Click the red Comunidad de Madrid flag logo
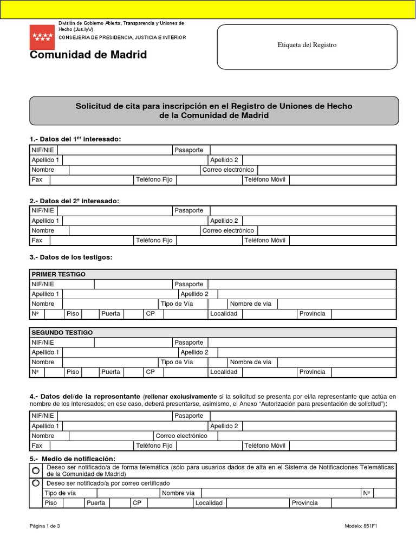point(42,37)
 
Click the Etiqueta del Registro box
point(307,45)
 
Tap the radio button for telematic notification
point(36,470)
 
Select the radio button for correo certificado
point(36,483)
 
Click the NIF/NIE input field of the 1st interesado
point(114,150)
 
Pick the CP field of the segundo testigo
point(185,372)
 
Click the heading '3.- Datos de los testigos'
point(70,257)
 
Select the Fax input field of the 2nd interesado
point(91,240)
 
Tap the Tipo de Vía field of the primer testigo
point(211,304)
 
